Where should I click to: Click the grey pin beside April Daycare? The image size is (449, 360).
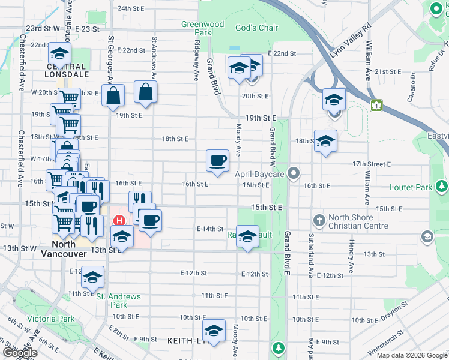pos(293,173)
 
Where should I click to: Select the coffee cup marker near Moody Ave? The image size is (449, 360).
pos(217,161)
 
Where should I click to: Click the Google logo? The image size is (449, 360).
pos(20,353)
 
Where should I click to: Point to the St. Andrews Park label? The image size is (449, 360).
pos(118,301)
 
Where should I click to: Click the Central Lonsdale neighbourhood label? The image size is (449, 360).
pos(68,70)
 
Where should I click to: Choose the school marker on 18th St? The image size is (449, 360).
pos(325,141)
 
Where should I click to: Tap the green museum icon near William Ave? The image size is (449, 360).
pos(376,106)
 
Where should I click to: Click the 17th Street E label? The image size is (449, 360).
pos(372,164)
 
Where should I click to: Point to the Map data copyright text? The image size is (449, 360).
pos(411,355)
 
